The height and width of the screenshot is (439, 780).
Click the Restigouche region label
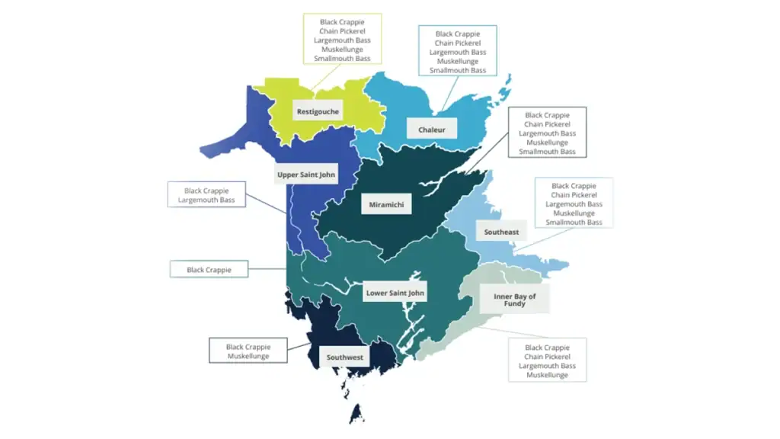(318, 111)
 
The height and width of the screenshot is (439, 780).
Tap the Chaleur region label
(431, 130)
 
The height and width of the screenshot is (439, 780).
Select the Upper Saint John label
(305, 175)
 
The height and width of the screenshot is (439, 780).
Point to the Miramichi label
(385, 204)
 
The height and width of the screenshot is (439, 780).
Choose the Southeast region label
(501, 232)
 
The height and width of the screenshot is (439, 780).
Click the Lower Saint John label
(395, 293)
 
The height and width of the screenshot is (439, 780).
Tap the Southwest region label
(345, 357)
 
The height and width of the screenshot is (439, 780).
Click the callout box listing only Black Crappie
(208, 270)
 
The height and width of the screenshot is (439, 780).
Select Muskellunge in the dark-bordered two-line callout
(248, 356)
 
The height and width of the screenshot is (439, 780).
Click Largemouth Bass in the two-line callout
(206, 200)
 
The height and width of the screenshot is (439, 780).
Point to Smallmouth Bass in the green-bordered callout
(342, 59)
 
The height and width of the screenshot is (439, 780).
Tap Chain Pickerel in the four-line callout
(547, 357)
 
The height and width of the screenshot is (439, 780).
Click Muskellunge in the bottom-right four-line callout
(547, 375)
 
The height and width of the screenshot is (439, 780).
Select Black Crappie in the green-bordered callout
(342, 22)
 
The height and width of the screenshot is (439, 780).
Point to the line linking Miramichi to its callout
(487, 152)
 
